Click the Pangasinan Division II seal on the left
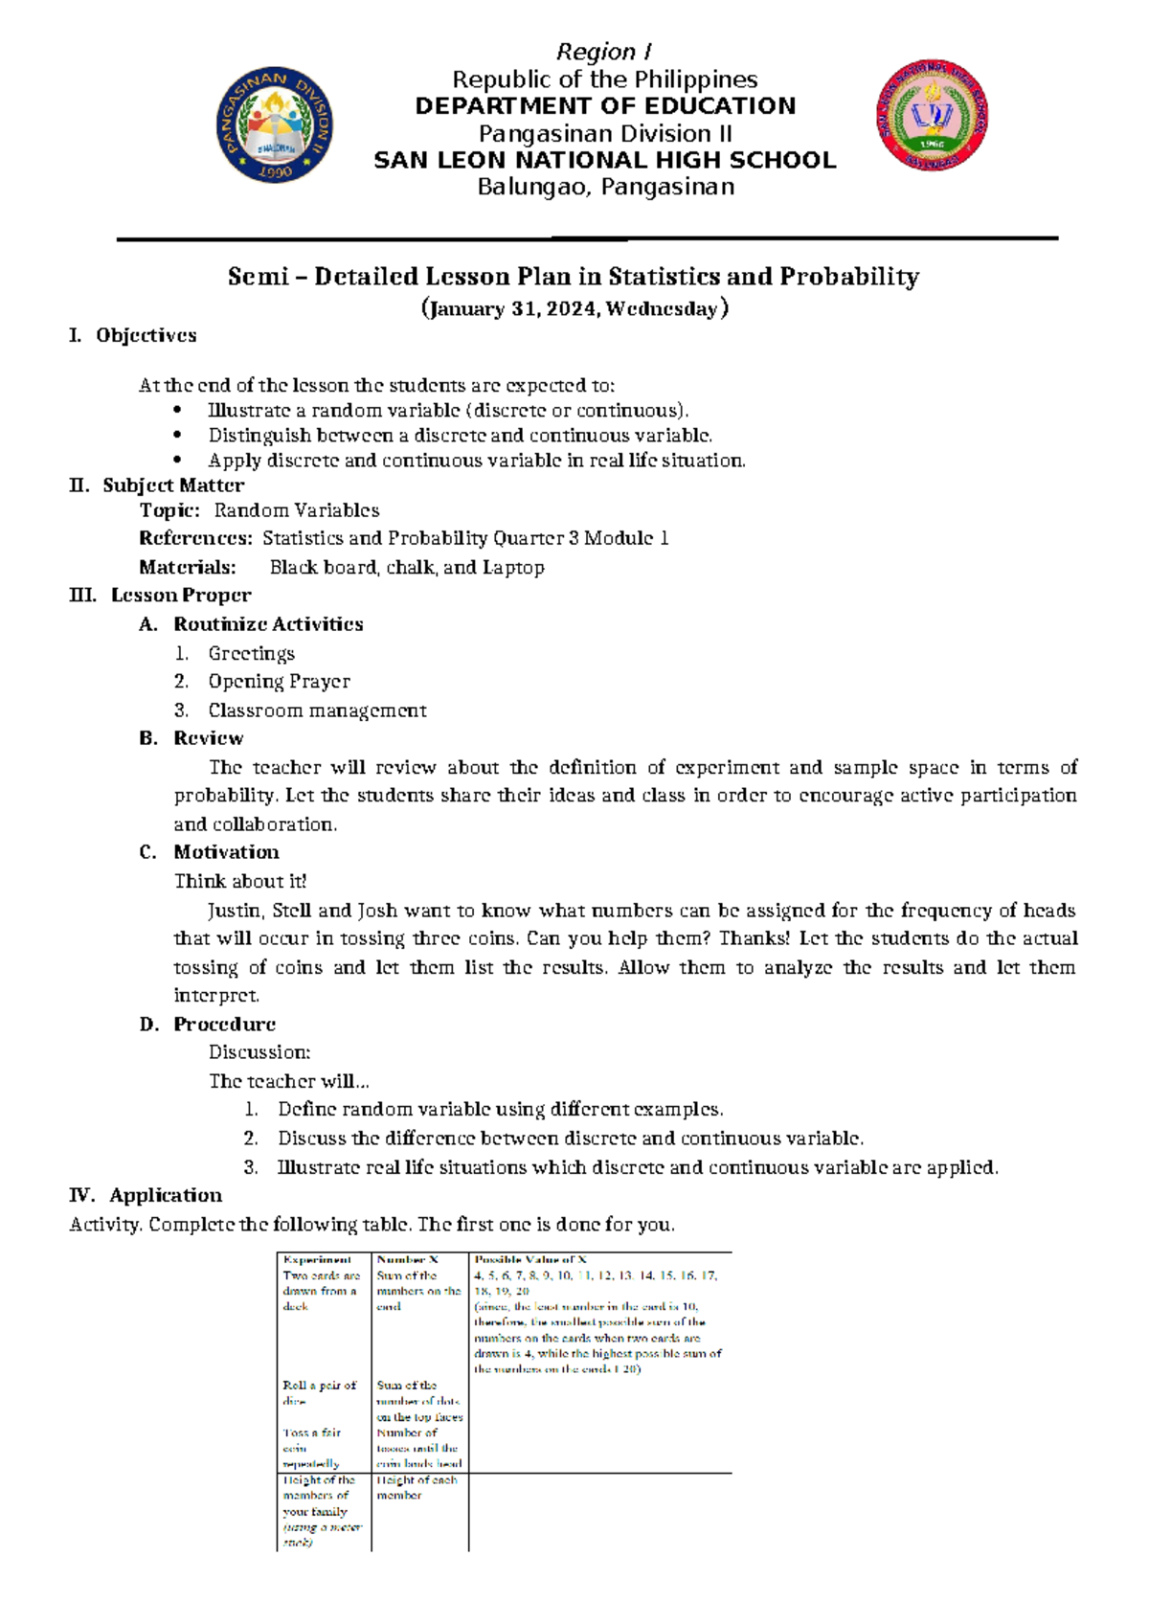coord(275,125)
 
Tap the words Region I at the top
coord(604,52)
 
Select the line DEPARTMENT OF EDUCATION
coord(605,106)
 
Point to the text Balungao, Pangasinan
coord(605,187)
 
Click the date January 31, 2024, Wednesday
coord(574,308)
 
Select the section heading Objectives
coord(146,335)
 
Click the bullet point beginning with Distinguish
coord(460,436)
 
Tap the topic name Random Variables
coord(297,510)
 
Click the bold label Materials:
coord(188,568)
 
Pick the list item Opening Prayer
coord(279,682)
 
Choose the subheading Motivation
coord(226,852)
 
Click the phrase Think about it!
coord(240,881)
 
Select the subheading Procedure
coord(224,1025)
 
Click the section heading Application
coord(166,1195)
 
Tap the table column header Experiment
coord(317,1260)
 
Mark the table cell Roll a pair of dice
coord(319,1392)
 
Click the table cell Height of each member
coord(417,1487)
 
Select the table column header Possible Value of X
coord(530,1260)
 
